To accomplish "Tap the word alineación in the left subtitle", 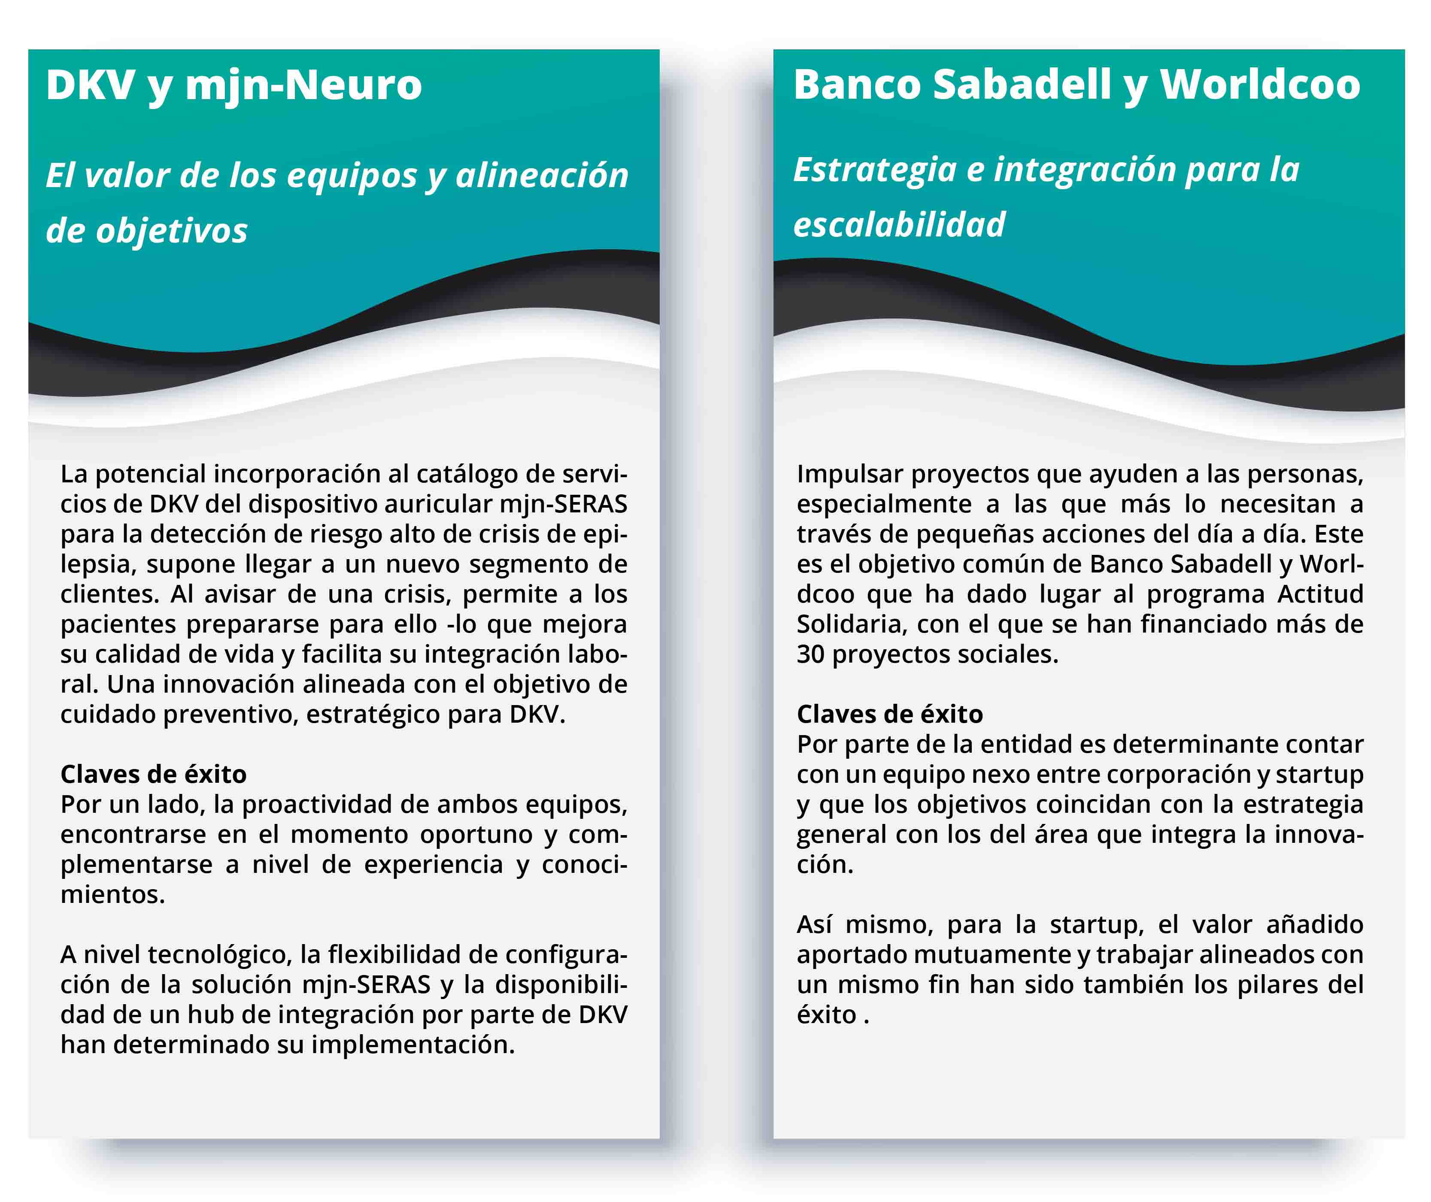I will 542,176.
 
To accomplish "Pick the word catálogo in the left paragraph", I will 463,474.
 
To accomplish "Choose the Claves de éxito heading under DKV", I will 153,774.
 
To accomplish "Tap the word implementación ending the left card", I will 412,1045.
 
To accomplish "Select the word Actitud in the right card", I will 1319,594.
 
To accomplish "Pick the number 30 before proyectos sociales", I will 810,654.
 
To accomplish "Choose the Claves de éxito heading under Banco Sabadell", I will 890,714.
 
